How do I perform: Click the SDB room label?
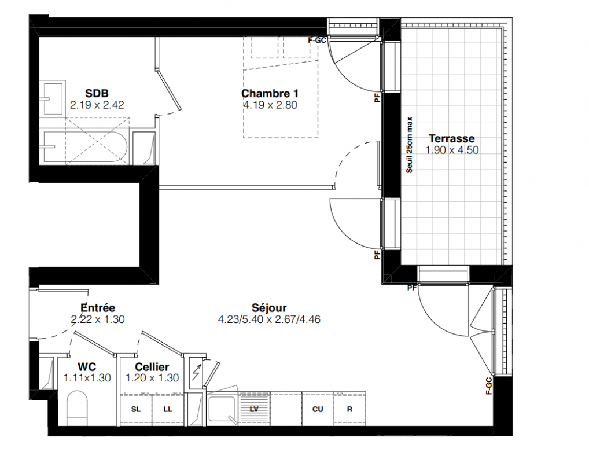pyautogui.click(x=97, y=93)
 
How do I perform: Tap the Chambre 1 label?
pyautogui.click(x=270, y=94)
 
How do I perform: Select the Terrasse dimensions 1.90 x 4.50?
pyautogui.click(x=452, y=150)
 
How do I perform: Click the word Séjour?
pyautogui.click(x=270, y=308)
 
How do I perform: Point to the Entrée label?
pyautogui.click(x=98, y=308)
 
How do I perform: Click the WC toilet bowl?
pyautogui.click(x=78, y=408)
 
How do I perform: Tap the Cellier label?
pyautogui.click(x=152, y=367)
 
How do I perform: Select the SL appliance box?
pyautogui.click(x=136, y=410)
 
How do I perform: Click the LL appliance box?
pyautogui.click(x=168, y=410)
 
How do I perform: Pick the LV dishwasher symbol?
pyautogui.click(x=254, y=409)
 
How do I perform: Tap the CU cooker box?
pyautogui.click(x=318, y=409)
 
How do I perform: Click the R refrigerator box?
pyautogui.click(x=349, y=409)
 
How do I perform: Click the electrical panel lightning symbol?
pyautogui.click(x=196, y=373)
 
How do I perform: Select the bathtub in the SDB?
pyautogui.click(x=86, y=148)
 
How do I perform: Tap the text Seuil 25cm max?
pyautogui.click(x=410, y=145)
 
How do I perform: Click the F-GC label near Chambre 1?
pyautogui.click(x=317, y=40)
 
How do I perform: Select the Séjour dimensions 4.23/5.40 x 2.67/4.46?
pyautogui.click(x=270, y=320)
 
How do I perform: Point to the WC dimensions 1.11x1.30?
pyautogui.click(x=87, y=378)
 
